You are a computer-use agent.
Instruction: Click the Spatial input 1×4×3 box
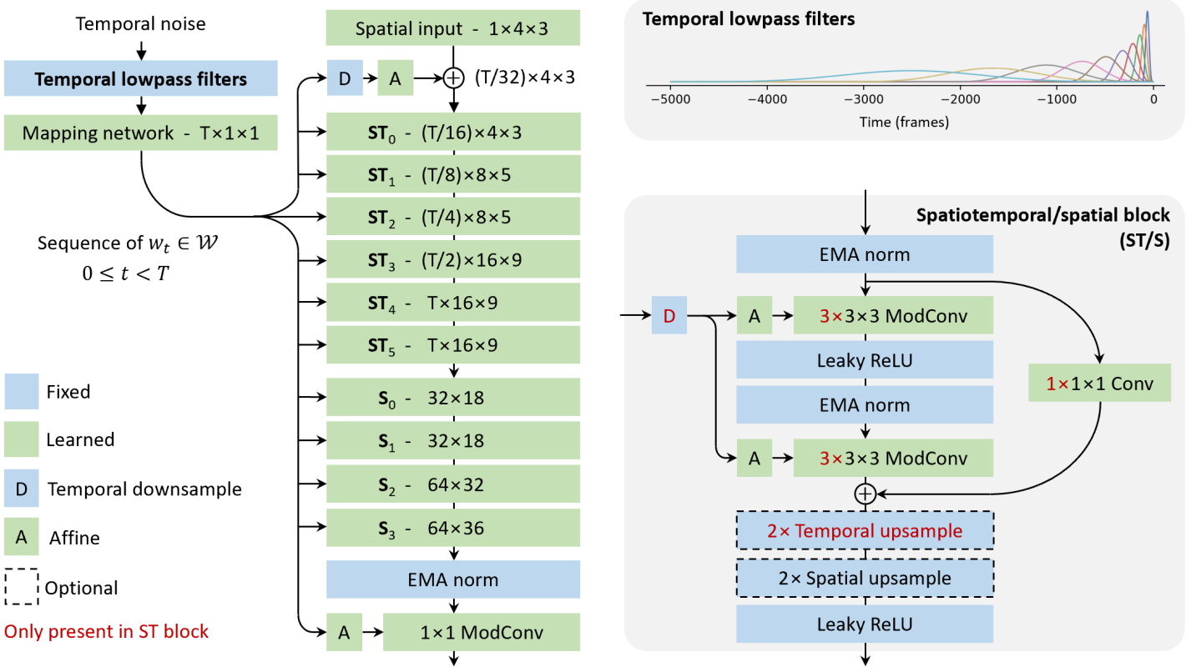[x=452, y=28]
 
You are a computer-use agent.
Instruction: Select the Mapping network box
[x=141, y=133]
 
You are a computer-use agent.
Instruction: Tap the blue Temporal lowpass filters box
[x=141, y=78]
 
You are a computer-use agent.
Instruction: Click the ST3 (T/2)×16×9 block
[x=452, y=260]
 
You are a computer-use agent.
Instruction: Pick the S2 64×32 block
[x=452, y=484]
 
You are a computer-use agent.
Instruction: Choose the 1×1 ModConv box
[x=482, y=632]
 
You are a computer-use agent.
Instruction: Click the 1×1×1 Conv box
[x=1099, y=383]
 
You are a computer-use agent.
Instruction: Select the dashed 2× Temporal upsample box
[x=865, y=530]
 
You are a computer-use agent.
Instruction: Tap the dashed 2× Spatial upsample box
[x=865, y=578]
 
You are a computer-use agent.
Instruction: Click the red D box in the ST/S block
[x=669, y=315]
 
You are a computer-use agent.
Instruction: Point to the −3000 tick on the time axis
[x=865, y=93]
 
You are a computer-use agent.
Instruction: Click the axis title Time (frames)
[x=904, y=122]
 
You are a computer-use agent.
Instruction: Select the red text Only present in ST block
[x=106, y=631]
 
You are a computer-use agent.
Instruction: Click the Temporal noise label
[x=140, y=23]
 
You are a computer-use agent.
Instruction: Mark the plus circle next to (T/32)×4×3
[x=453, y=78]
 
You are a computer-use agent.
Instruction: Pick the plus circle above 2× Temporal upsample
[x=865, y=494]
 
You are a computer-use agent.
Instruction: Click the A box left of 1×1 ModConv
[x=345, y=632]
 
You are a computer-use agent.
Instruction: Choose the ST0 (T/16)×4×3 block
[x=452, y=132]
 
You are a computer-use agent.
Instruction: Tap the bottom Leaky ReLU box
[x=865, y=624]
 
